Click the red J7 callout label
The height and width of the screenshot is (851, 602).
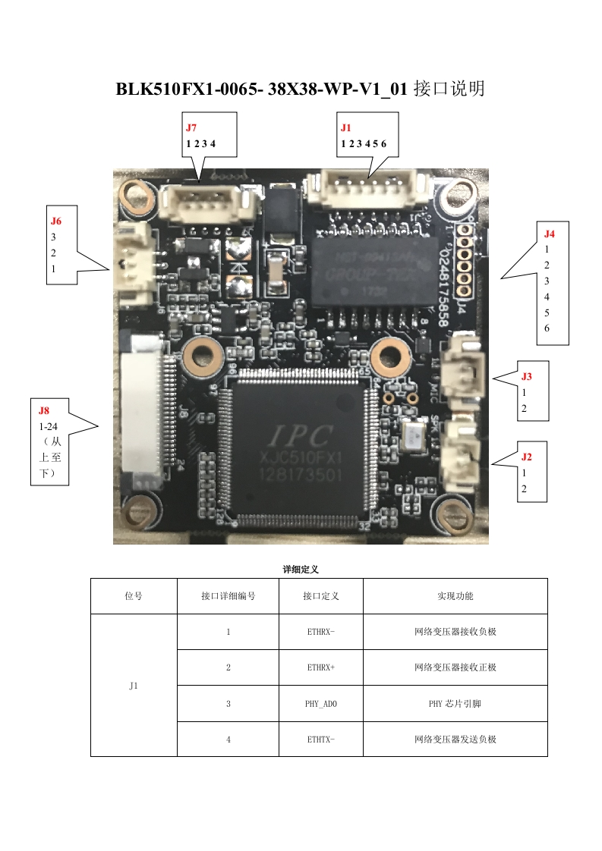point(191,127)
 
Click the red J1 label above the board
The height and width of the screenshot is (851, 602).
point(346,127)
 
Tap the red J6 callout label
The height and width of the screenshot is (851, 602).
point(56,221)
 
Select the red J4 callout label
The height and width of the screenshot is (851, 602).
point(550,234)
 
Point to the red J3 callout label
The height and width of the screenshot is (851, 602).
point(527,375)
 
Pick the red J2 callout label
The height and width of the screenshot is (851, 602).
point(527,457)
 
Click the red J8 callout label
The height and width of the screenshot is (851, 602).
point(44,410)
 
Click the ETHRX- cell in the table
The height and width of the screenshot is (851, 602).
point(320,632)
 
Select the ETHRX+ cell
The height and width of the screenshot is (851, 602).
point(320,667)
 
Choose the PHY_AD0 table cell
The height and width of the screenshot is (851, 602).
point(320,703)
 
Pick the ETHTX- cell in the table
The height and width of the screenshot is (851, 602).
point(320,739)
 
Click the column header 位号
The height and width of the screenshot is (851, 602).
point(134,596)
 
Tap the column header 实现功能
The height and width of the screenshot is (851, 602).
point(455,596)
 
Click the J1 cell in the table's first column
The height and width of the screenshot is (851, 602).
point(134,686)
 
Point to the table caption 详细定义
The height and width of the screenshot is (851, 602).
point(301,569)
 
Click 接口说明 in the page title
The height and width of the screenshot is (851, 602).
point(449,89)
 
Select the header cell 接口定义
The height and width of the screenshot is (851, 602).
point(320,596)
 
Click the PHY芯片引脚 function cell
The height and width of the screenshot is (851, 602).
point(455,703)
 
